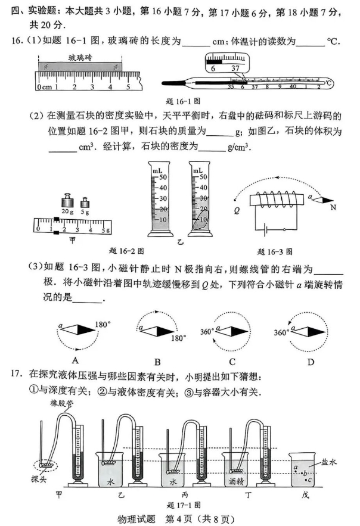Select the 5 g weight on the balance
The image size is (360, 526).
pyautogui.click(x=85, y=201)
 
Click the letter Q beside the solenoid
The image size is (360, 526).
pyautogui.click(x=237, y=210)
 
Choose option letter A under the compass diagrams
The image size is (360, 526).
pyautogui.click(x=76, y=360)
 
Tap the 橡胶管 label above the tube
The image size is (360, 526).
pyautogui.click(x=61, y=404)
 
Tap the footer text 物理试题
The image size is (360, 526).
pyautogui.click(x=135, y=518)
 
